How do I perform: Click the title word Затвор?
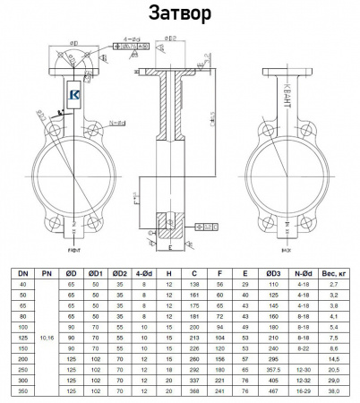tap(179, 14)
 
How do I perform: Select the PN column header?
tap(47, 272)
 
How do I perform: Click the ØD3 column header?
tap(270, 272)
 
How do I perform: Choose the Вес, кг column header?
tap(334, 272)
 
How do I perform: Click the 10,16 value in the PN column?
tap(47, 338)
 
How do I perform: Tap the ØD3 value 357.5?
tap(270, 370)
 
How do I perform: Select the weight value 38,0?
tap(334, 391)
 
